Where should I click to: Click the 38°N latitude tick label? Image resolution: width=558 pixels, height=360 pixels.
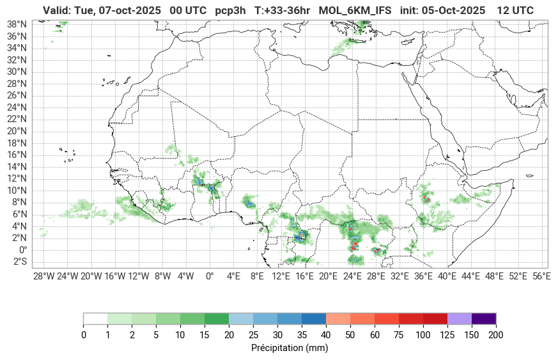pos(16,24)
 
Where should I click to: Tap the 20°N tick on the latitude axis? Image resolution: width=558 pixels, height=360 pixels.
pos(16,131)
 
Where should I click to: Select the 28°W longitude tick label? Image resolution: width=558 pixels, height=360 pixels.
pos(43,276)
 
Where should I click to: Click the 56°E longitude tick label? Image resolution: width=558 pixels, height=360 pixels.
pos(541,276)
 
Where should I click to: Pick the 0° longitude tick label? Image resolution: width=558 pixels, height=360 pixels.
pos(210,276)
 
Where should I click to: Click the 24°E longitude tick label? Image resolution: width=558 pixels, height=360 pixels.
pos(352,276)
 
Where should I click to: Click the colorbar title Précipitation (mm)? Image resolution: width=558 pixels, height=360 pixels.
pos(290,348)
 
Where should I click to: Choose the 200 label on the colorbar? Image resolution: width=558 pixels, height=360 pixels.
pos(496,335)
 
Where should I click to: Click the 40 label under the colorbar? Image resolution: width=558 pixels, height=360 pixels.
pos(326,335)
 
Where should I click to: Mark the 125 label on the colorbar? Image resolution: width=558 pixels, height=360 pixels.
pos(447,335)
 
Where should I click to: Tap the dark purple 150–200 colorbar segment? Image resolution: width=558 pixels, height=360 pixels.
pos(484,318)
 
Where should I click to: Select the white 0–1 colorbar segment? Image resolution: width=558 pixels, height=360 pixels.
pos(95,318)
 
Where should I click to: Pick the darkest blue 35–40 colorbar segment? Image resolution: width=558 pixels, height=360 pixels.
pos(314,318)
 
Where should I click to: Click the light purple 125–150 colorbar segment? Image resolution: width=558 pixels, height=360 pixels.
pos(460,318)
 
